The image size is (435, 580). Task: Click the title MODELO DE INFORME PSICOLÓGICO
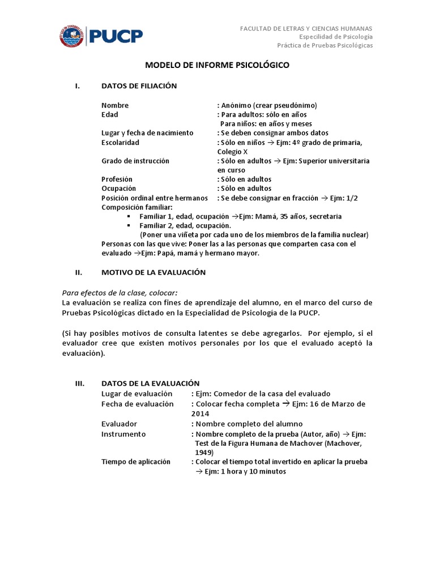(x=217, y=65)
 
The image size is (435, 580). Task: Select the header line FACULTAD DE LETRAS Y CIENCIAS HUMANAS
(x=306, y=28)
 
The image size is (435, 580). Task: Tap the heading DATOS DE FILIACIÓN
(x=139, y=86)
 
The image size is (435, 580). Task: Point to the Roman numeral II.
(x=79, y=272)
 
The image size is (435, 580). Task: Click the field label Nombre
(x=115, y=105)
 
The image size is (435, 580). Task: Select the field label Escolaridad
(x=120, y=142)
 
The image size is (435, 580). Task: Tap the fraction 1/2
(x=352, y=198)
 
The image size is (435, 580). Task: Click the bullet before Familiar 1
(x=129, y=216)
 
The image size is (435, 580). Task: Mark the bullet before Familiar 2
(x=129, y=225)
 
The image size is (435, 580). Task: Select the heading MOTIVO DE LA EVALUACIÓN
(x=153, y=272)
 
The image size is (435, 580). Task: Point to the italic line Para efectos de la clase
(x=119, y=292)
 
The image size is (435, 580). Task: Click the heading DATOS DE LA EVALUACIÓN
(x=150, y=383)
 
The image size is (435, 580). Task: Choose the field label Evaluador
(x=119, y=424)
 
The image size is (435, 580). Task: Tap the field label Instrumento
(x=123, y=434)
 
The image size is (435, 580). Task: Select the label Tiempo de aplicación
(x=135, y=462)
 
